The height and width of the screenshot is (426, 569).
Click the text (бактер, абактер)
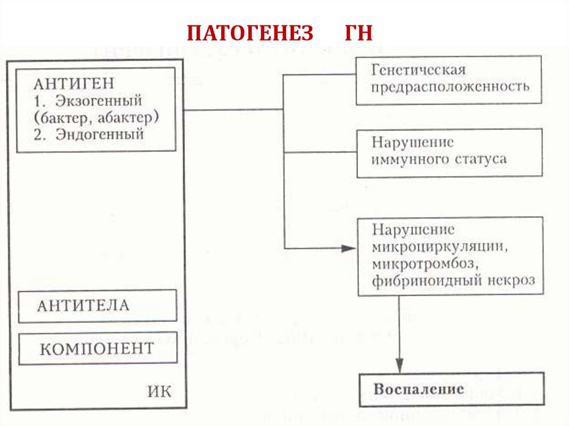coord(96,117)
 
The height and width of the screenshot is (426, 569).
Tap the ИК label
coord(159,392)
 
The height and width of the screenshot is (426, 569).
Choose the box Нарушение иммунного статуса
coord(449,152)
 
